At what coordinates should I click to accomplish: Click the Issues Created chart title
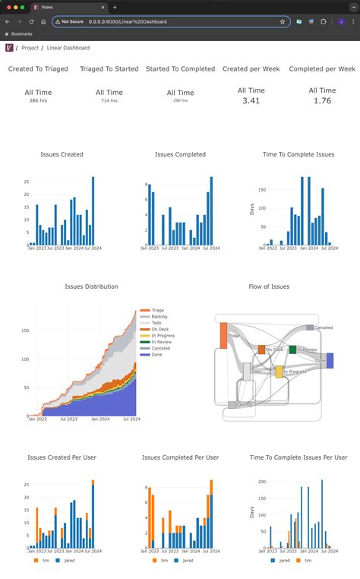click(62, 154)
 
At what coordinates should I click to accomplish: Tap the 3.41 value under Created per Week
click(251, 100)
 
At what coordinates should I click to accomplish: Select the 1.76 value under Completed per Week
click(322, 100)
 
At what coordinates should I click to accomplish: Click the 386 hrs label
click(38, 100)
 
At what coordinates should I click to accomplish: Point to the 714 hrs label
click(109, 100)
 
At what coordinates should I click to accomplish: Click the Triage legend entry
click(159, 310)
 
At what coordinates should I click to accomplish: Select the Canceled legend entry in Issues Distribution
click(162, 348)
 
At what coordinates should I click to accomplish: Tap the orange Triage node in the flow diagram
click(224, 334)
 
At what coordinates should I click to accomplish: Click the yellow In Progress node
click(279, 372)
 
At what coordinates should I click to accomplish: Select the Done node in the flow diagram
click(330, 360)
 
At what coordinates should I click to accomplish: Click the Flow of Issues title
click(269, 286)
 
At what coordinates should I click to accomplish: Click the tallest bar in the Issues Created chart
click(93, 210)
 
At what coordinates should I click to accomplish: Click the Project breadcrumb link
click(30, 48)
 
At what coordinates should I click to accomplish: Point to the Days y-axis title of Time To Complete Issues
click(253, 208)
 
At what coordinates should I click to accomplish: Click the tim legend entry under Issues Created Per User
click(43, 562)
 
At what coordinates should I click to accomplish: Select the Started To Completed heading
click(180, 68)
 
